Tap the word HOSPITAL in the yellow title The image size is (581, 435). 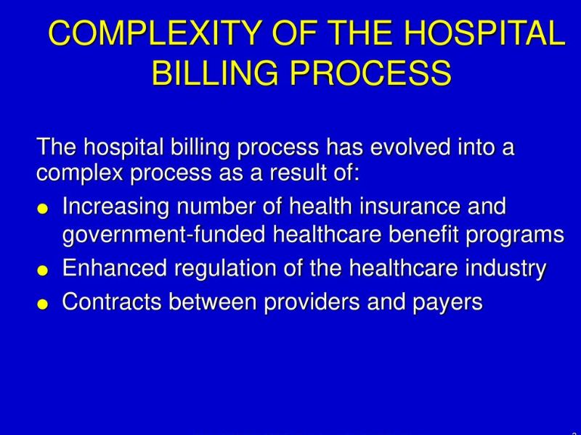coord(484,34)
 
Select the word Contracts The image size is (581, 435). coord(113,302)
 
